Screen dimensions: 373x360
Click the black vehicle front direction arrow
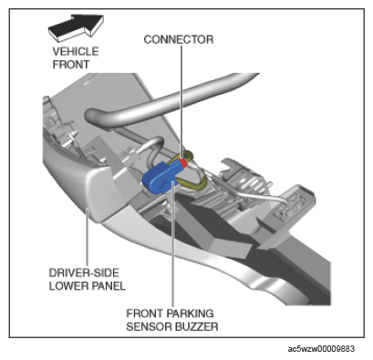coord(76,26)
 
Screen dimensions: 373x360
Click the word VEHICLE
coord(76,51)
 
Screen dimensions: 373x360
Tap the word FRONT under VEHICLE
coord(71,65)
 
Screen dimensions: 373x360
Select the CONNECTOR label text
coord(179,39)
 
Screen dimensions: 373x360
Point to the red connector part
coord(183,162)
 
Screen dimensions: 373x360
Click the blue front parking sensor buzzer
coord(163,178)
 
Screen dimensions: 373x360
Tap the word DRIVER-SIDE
coord(84,273)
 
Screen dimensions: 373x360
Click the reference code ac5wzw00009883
coord(321,348)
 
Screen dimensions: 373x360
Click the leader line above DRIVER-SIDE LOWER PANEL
coord(87,237)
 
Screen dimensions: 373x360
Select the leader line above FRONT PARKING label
coord(172,244)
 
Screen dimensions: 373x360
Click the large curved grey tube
coord(171,98)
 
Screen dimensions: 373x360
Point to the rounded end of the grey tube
coord(90,118)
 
